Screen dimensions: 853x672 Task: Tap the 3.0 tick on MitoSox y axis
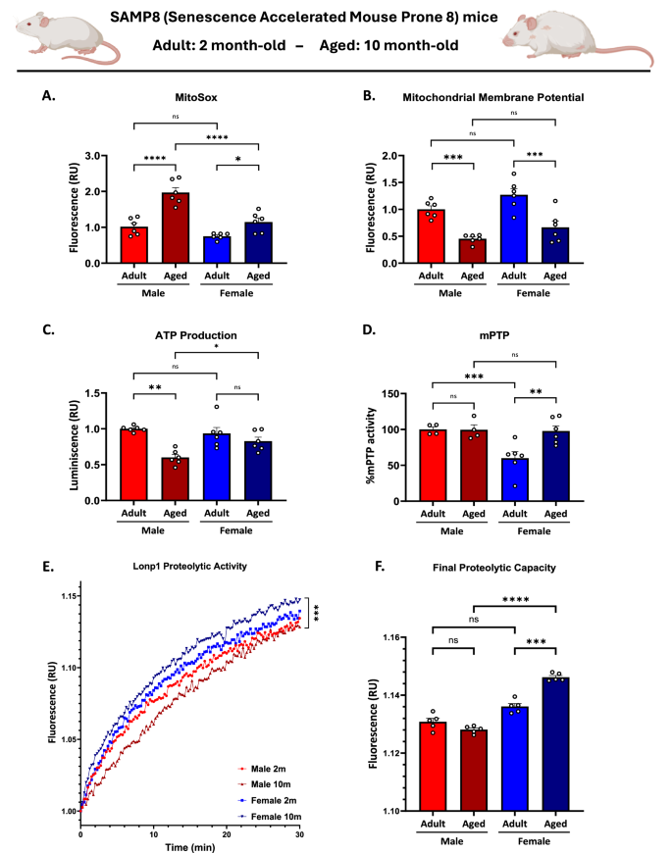[93, 156]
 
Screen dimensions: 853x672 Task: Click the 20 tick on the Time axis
[226, 831]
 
